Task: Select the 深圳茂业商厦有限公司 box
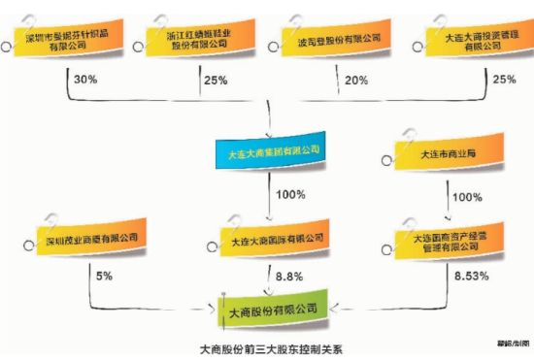[x=90, y=238]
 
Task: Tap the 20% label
[x=355, y=79]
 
